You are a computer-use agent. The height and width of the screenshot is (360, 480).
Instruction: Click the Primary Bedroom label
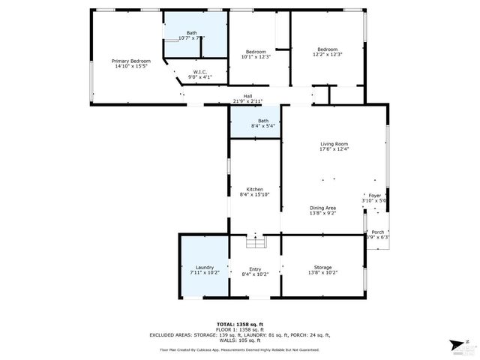131,61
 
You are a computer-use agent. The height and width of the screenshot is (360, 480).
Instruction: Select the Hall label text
247,96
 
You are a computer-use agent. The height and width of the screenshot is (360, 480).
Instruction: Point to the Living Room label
334,144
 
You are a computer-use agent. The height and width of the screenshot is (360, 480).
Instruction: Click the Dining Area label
322,208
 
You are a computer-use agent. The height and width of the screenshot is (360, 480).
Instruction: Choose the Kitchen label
254,189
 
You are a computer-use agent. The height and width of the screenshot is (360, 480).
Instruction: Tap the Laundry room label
205,267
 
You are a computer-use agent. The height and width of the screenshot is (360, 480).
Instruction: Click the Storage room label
322,267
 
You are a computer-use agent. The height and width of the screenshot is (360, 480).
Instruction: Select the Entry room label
256,269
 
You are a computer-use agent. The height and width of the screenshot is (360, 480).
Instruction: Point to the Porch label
378,232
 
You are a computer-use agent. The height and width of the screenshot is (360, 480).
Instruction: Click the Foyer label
374,195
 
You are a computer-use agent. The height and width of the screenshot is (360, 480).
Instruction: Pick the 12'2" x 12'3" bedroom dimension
328,55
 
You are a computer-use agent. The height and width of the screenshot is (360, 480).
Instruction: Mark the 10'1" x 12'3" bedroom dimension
256,57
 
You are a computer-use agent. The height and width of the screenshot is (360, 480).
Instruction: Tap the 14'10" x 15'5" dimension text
131,66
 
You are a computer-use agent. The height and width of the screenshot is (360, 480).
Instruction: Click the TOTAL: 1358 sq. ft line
239,324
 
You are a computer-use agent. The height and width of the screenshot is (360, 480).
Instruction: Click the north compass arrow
457,344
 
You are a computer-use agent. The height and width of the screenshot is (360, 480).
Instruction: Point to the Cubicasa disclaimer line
239,349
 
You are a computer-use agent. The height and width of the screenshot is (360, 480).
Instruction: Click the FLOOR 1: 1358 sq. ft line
239,329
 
